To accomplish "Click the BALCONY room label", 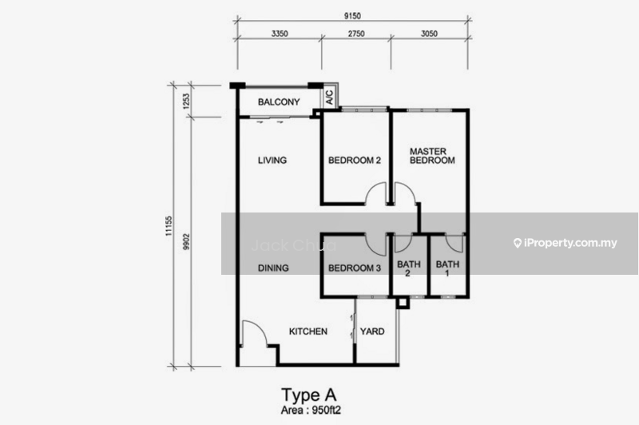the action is pos(279,102).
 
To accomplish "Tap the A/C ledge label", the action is pos(329,97).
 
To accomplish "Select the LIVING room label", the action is pos(272,160).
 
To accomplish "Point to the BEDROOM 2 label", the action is pos(355,160).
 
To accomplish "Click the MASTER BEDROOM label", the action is pos(432,156).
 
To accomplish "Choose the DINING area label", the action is pos(273,268).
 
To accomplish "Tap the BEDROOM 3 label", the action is pos(355,268).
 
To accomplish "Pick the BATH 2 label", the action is pos(409,268).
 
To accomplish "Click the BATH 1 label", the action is pos(447,268).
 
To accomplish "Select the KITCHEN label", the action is pos(308,332).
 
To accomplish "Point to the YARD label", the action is pos(372,332).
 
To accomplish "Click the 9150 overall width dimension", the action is pos(352,16).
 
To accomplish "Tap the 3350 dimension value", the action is pos(280,34).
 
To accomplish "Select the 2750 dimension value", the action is pos(356,34).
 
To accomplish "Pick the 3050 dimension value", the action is pos(429,34).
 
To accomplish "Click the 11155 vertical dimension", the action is pos(169,226).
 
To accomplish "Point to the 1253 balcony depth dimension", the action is pos(186,101).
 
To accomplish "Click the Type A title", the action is pos(309,395).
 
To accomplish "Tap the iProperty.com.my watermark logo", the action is pos(566,244).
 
